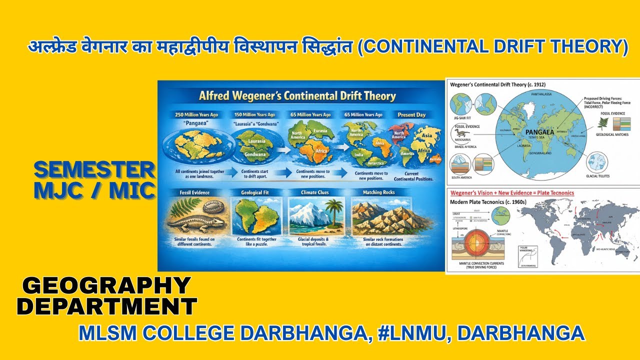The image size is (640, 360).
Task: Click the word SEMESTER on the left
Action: [x=94, y=170]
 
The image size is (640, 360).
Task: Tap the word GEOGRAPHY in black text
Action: [x=106, y=286]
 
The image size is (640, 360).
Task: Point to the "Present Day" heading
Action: [x=411, y=114]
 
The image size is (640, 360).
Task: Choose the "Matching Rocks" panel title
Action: [x=378, y=192]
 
